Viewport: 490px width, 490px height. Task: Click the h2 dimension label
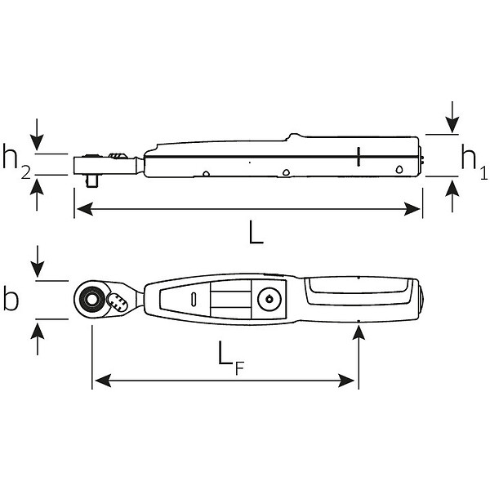pos(16,162)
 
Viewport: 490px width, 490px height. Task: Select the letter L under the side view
pos(256,232)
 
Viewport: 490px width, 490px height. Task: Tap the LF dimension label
pos(230,359)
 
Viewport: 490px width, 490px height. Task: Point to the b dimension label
pos(11,300)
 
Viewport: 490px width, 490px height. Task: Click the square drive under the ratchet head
pos(91,181)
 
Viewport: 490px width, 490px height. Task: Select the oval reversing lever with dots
pos(117,301)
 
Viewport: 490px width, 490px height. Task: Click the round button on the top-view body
pos(269,300)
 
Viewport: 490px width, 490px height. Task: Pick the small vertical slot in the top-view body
pos(194,300)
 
